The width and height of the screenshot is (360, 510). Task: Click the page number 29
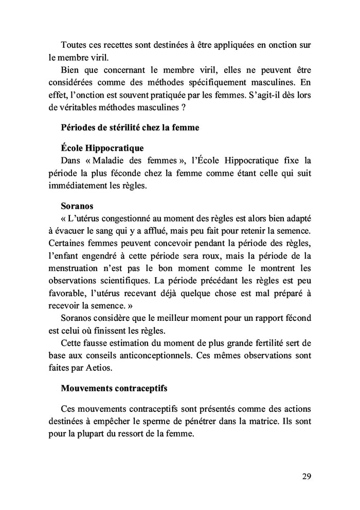(307, 476)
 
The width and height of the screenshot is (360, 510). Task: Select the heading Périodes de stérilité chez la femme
(130, 128)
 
